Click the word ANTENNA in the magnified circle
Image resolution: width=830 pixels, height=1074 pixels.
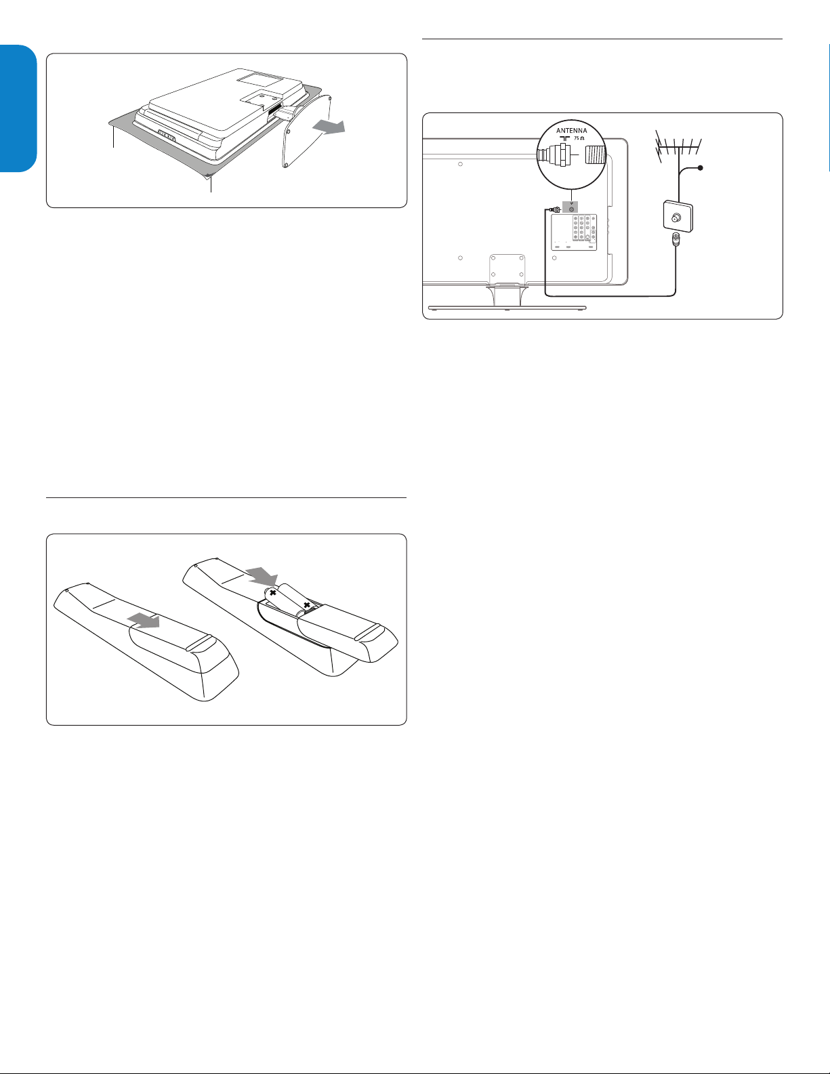pyautogui.click(x=572, y=131)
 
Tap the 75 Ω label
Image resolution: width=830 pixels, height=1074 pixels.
pyautogui.click(x=579, y=138)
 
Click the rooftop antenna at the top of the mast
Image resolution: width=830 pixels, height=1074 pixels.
pyautogui.click(x=678, y=144)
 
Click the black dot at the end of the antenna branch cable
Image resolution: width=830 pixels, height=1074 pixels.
pyautogui.click(x=701, y=168)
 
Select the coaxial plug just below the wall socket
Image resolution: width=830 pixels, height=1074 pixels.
pyautogui.click(x=675, y=240)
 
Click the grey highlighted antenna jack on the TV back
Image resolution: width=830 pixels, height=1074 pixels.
pyautogui.click(x=570, y=209)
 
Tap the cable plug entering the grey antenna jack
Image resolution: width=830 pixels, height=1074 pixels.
pyautogui.click(x=555, y=209)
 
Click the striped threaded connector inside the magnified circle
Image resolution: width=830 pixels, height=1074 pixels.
pyautogui.click(x=596, y=155)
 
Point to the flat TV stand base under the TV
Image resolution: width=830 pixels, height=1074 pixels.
pyautogui.click(x=507, y=308)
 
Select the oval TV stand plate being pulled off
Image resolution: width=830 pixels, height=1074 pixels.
pyautogui.click(x=307, y=131)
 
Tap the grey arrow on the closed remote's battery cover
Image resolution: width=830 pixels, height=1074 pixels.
pyautogui.click(x=143, y=620)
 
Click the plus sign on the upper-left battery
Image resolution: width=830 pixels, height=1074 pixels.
pyautogui.click(x=272, y=592)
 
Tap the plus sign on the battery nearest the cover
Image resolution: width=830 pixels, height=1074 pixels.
pyautogui.click(x=307, y=604)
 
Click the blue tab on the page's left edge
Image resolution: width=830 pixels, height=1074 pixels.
pyautogui.click(x=18, y=108)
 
